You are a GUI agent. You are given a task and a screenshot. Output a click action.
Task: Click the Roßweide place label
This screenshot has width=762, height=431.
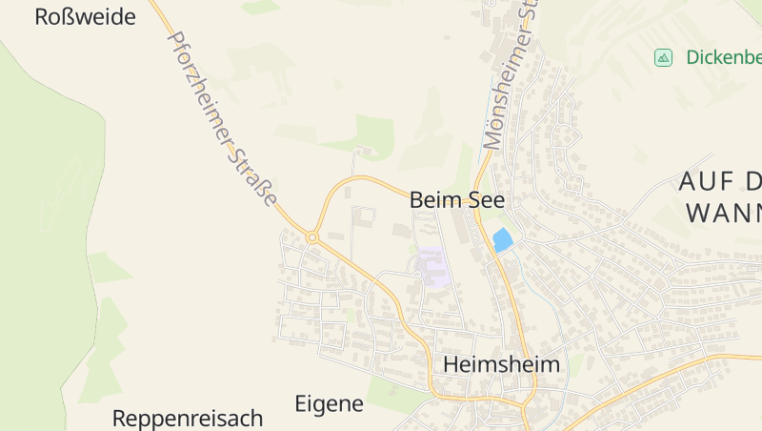pyautogui.click(x=85, y=16)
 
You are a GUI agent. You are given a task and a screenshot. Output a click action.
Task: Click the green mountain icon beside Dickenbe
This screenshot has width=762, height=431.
pyautogui.click(x=663, y=57)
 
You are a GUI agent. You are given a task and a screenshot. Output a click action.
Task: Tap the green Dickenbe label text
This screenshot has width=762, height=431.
pyautogui.click(x=723, y=57)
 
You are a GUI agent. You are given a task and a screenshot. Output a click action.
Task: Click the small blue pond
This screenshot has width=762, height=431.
pyautogui.click(x=502, y=240)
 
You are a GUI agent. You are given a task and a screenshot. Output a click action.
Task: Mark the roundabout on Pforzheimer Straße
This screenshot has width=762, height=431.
pyautogui.click(x=311, y=236)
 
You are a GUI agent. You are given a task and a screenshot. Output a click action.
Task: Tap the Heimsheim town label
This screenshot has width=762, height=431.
pyautogui.click(x=501, y=365)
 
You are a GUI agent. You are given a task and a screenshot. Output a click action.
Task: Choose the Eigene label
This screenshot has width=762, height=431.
pyautogui.click(x=329, y=403)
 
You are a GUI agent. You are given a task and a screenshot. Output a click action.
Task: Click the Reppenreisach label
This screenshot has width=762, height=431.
pyautogui.click(x=187, y=418)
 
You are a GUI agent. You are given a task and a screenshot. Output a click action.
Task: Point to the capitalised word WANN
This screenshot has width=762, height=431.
pyautogui.click(x=723, y=212)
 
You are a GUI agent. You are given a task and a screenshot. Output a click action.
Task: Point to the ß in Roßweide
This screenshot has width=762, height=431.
pyautogui.click(x=69, y=16)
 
